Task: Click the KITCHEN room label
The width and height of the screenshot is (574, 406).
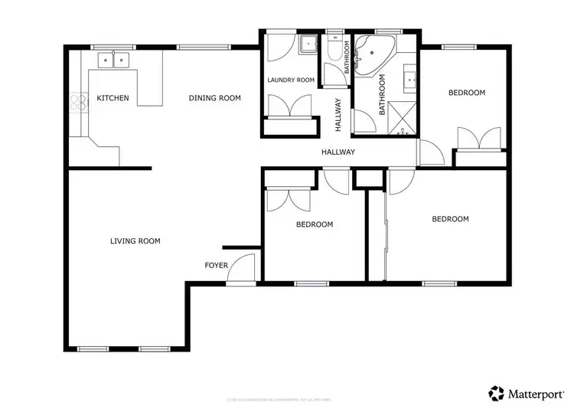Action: pos(113,98)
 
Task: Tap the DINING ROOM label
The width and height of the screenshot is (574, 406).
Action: pos(215,98)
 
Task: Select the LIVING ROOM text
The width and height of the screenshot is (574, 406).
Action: pos(135,241)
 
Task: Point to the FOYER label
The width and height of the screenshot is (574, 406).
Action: pos(215,265)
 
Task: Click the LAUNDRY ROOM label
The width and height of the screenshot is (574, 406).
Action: pos(291,80)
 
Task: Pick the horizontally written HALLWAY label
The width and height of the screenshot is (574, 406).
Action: pos(338,152)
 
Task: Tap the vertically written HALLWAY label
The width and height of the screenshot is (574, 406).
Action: pos(338,115)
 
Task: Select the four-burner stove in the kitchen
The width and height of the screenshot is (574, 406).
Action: pos(77,103)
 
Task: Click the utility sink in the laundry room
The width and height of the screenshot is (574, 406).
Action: pos(308,44)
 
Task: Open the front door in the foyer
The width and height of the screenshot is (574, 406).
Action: pos(243,270)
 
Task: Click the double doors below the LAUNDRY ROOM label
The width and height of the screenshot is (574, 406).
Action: pos(291,107)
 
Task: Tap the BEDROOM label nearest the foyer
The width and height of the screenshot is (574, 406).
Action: pos(315,224)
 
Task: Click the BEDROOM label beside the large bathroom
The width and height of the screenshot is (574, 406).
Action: pos(466,93)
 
